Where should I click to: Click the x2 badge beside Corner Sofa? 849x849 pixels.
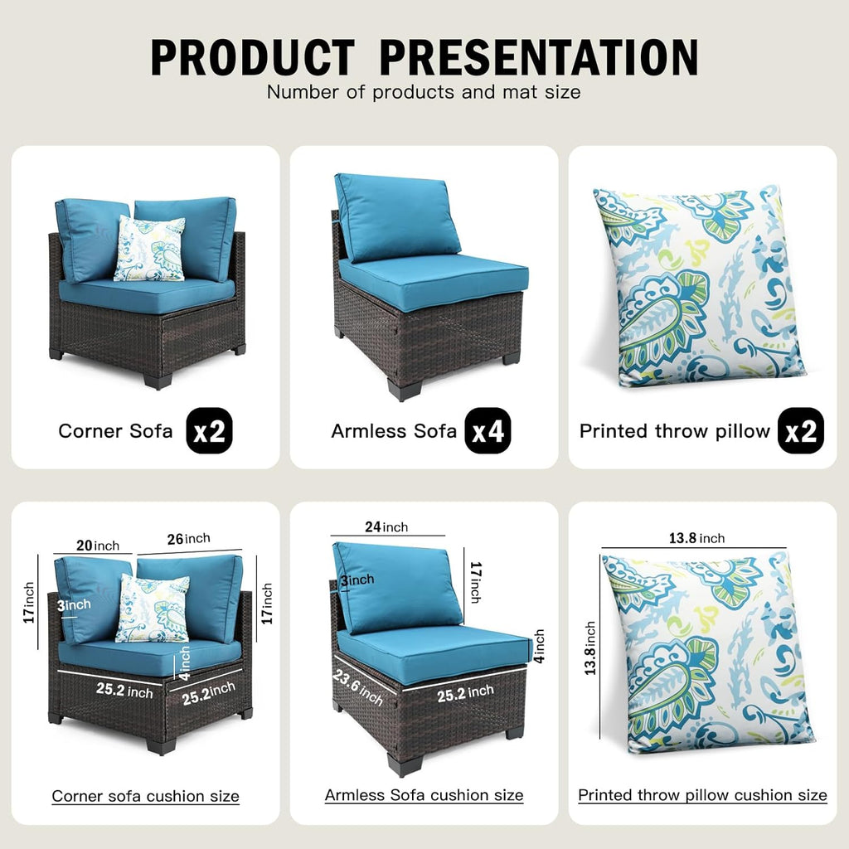point(209,431)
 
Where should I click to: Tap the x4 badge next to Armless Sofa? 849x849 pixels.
point(488,431)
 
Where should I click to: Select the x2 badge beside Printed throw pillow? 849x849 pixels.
point(800,431)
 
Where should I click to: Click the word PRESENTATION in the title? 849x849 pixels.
point(539,57)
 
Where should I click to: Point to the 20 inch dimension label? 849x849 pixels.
point(98,546)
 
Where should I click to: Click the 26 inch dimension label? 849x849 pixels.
point(188,539)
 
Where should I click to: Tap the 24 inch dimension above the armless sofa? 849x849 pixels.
point(386,526)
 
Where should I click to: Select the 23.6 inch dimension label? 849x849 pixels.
point(358,687)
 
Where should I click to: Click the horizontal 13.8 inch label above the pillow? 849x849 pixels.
point(696,538)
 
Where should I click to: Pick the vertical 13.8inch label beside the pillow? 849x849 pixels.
point(589,648)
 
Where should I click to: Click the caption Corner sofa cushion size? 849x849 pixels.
point(146,796)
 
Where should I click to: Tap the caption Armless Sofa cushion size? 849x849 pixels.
point(424,795)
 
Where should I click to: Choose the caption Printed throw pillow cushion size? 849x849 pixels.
point(702,795)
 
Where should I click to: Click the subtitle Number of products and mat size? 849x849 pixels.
point(424,92)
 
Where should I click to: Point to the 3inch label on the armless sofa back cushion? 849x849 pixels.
point(357,580)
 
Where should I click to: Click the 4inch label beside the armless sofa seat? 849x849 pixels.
point(539,646)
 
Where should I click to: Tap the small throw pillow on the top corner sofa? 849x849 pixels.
point(149,249)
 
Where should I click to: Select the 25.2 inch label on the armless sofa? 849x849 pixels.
point(465,693)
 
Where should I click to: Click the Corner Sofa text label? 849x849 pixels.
point(115,431)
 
